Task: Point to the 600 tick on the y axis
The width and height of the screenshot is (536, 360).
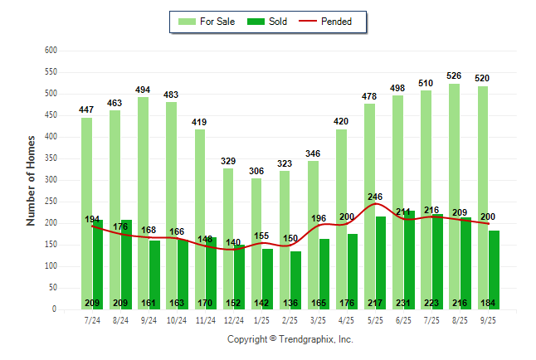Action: click(x=51, y=51)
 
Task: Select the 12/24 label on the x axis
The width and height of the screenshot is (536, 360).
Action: click(x=234, y=320)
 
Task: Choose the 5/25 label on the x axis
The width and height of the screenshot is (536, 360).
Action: click(x=375, y=320)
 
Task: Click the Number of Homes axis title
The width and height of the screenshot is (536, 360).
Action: click(x=31, y=180)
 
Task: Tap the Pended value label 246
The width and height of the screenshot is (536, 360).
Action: click(x=375, y=197)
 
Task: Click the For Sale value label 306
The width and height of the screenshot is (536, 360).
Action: click(x=256, y=170)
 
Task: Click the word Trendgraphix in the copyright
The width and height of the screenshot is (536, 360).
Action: click(x=307, y=339)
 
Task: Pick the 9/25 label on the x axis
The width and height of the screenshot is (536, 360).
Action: click(x=488, y=320)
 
